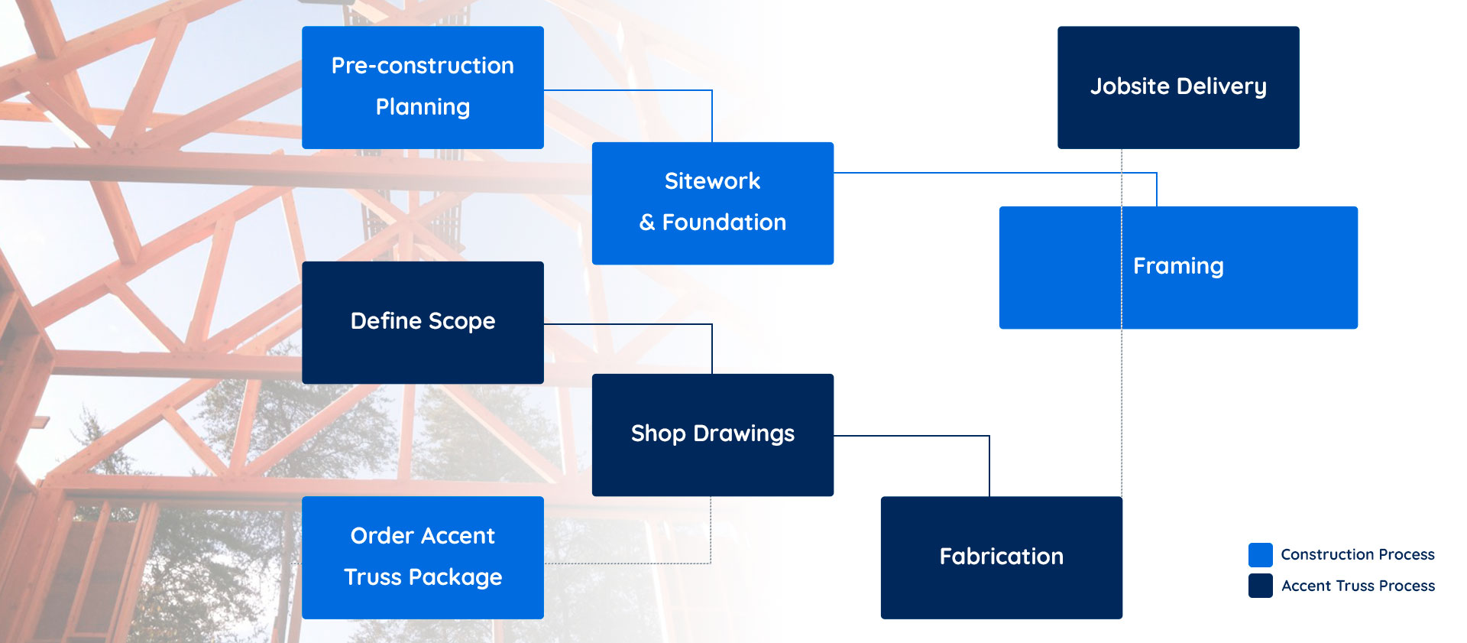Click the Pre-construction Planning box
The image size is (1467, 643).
point(423,87)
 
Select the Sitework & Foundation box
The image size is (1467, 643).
point(713,203)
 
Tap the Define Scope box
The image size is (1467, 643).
point(423,323)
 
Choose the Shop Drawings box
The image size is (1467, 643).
point(713,435)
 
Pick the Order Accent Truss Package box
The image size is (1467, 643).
point(423,557)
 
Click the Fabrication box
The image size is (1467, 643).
point(1002,557)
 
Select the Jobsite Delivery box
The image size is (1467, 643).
point(1178,87)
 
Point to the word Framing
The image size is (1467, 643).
point(1178,266)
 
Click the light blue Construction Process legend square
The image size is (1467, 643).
point(1261,554)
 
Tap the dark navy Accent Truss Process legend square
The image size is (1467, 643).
point(1261,586)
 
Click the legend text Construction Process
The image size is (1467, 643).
point(1358,554)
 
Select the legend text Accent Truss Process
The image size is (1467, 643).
point(1358,586)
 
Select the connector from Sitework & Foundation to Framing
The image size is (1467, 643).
point(1012,173)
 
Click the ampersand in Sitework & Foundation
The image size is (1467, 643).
point(647,222)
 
